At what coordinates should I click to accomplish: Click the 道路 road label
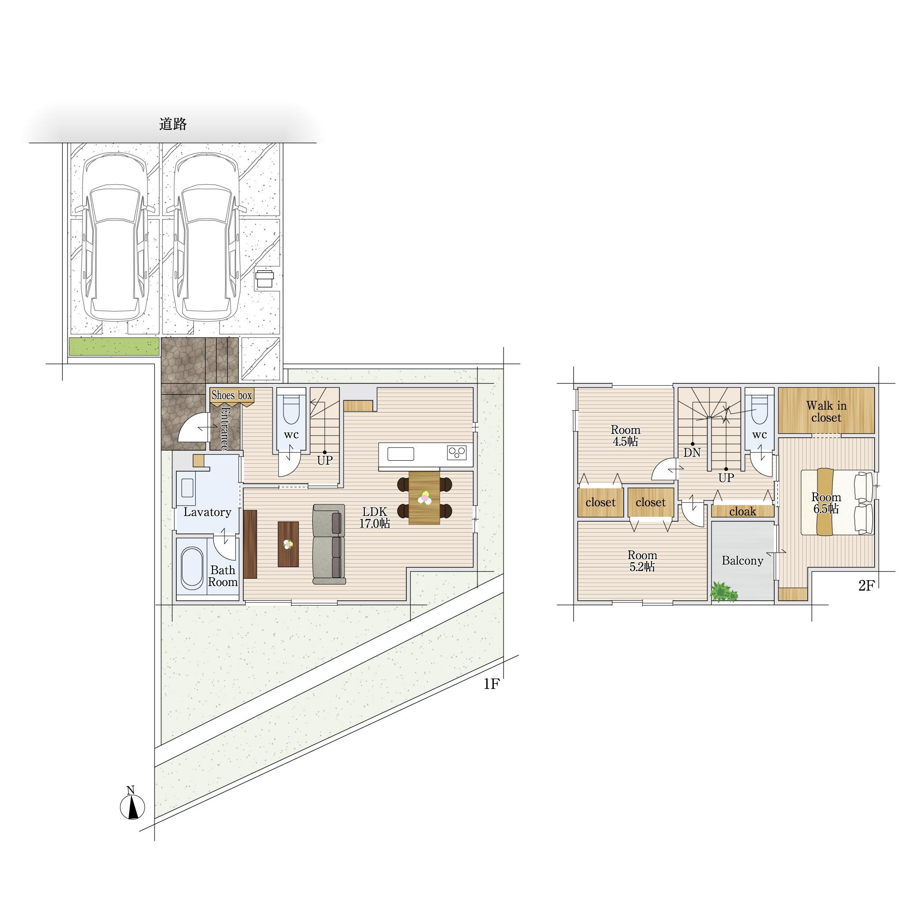[x=173, y=125]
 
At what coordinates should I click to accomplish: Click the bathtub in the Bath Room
[x=191, y=568]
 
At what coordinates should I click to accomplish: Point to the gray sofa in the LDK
[x=329, y=544]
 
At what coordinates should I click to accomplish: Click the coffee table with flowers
[x=288, y=544]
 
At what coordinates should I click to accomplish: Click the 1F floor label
[x=492, y=684]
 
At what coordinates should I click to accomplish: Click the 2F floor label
[x=867, y=586]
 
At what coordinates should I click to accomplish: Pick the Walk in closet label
[x=827, y=412]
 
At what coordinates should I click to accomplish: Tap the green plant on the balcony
[x=723, y=592]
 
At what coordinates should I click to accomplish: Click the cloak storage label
[x=743, y=511]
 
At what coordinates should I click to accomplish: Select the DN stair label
[x=692, y=452]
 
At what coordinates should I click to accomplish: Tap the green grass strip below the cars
[x=114, y=346]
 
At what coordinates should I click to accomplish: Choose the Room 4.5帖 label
[x=626, y=435]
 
